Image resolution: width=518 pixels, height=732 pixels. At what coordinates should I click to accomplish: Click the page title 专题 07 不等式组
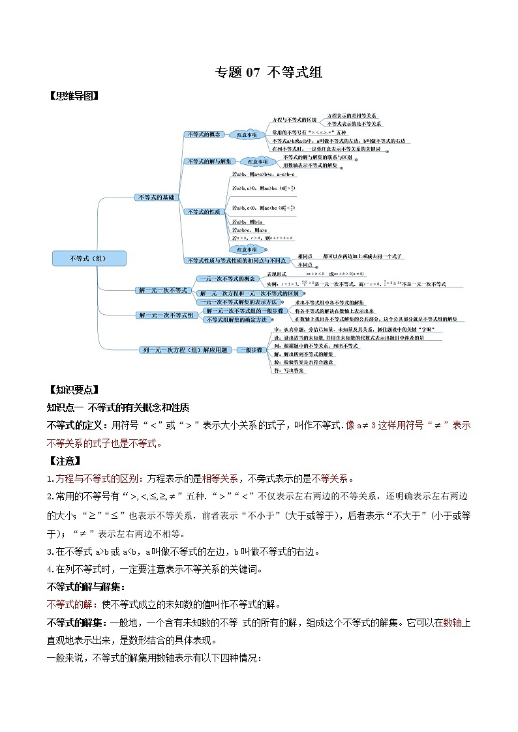269,72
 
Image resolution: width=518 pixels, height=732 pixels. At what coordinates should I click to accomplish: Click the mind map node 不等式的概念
204,134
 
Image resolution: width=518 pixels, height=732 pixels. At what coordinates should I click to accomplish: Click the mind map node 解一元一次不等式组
167,315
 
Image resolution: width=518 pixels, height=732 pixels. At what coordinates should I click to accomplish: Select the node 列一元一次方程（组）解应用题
185,350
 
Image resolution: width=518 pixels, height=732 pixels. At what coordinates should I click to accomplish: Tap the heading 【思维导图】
74,96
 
